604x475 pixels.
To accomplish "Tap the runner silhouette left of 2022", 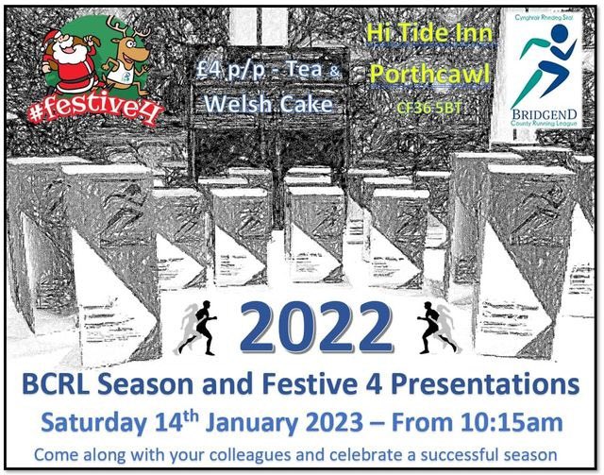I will point(199,327).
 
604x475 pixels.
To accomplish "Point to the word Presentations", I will point(490,385).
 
